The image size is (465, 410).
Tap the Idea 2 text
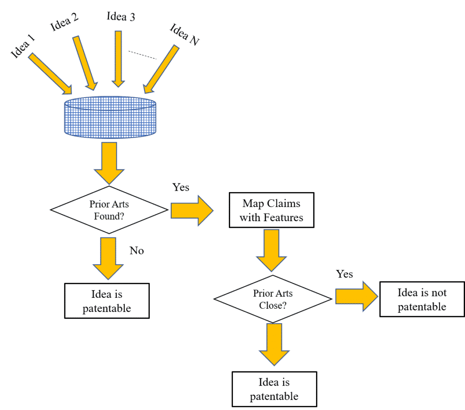(64, 21)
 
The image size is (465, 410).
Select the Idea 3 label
(120, 16)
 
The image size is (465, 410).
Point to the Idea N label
(184, 34)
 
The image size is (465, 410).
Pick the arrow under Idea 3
(118, 59)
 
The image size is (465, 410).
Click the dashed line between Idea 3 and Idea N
(142, 55)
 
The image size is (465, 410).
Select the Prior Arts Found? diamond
(109, 210)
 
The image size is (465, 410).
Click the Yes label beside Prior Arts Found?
(181, 187)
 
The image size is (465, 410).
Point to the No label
(137, 250)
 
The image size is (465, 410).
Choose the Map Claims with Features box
(271, 211)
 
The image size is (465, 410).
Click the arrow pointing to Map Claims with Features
(192, 210)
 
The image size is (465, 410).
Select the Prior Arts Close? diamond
(272, 299)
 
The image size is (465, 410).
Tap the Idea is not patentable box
(422, 300)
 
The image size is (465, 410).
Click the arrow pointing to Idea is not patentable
(356, 296)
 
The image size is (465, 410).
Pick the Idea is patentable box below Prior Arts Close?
(274, 389)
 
